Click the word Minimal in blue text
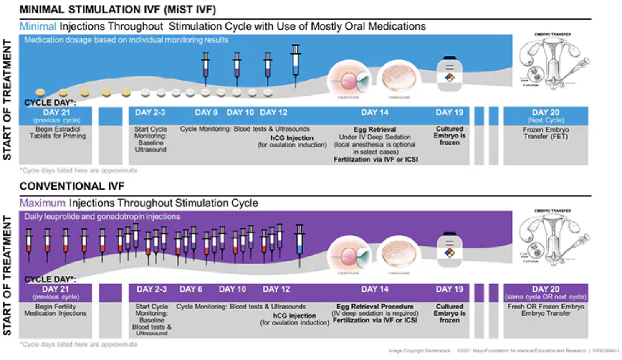(x=38, y=26)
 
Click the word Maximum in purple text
(x=42, y=203)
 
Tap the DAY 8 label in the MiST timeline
(x=206, y=112)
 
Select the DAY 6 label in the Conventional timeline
(x=191, y=289)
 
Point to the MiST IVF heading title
(x=118, y=9)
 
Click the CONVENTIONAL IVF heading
(x=72, y=186)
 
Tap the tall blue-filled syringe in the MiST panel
(x=296, y=65)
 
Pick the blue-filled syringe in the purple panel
(x=299, y=244)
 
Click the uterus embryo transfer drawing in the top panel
(x=553, y=63)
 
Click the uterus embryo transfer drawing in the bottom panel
(x=553, y=239)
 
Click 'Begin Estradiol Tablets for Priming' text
(x=58, y=132)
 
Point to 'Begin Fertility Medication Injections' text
(x=56, y=310)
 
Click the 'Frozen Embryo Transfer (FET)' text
(x=546, y=133)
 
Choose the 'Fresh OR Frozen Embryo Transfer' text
(x=546, y=310)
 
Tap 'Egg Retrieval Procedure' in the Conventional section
(x=375, y=307)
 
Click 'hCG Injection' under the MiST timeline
(x=292, y=138)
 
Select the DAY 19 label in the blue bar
(x=450, y=112)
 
